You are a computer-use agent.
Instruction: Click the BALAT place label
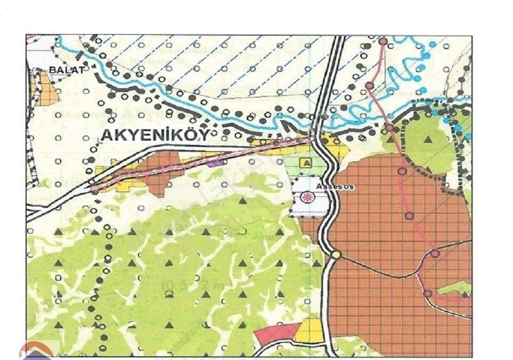pos(67,69)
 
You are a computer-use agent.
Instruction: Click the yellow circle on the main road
pos(336,255)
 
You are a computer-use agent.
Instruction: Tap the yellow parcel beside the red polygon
pos(310,330)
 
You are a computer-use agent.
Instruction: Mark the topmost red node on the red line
pos(382,41)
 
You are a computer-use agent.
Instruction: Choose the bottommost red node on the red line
pos(427,293)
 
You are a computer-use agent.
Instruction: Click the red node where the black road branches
pos(435,253)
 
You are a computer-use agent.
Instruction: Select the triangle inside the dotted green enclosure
pos(428,140)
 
